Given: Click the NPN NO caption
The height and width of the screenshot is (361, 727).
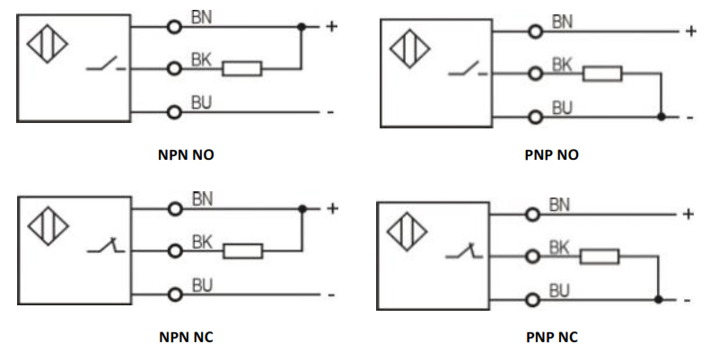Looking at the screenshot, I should pos(185,154).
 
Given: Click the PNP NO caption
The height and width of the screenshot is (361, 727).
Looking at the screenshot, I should pos(551,154).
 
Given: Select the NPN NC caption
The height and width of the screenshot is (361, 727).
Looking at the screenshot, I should pos(185,338).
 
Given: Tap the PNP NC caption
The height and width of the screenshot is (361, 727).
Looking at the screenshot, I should pos(551,338).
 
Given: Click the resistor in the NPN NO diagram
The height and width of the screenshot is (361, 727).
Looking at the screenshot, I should pos(242,68).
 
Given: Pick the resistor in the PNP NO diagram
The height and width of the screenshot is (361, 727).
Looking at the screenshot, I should pos(602,73).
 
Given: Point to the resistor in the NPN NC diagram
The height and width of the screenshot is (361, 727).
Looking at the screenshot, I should pos(242,251).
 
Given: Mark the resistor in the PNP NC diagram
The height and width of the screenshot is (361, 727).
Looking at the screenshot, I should pos(600,257).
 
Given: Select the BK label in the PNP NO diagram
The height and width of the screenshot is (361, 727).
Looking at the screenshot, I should pos(562,65).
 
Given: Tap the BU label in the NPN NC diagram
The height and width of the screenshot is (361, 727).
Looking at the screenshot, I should pos(202,286).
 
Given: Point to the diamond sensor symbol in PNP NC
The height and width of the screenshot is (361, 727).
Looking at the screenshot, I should pos(407,233).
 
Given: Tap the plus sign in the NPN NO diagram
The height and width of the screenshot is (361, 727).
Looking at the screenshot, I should pos(331,27).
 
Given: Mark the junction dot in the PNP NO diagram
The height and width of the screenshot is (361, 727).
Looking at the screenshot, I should pos(661,117).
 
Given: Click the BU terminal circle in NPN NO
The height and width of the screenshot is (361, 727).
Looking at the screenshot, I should pos(175,111).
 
